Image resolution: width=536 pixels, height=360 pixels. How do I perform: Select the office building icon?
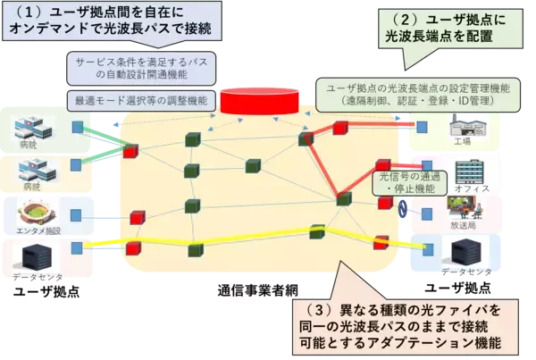tap(470, 172)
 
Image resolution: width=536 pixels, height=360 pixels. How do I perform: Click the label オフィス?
tap(472, 190)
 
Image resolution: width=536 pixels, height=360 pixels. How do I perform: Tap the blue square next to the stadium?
tap(77, 216)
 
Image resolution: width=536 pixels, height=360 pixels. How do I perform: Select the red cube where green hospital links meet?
tap(130, 151)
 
